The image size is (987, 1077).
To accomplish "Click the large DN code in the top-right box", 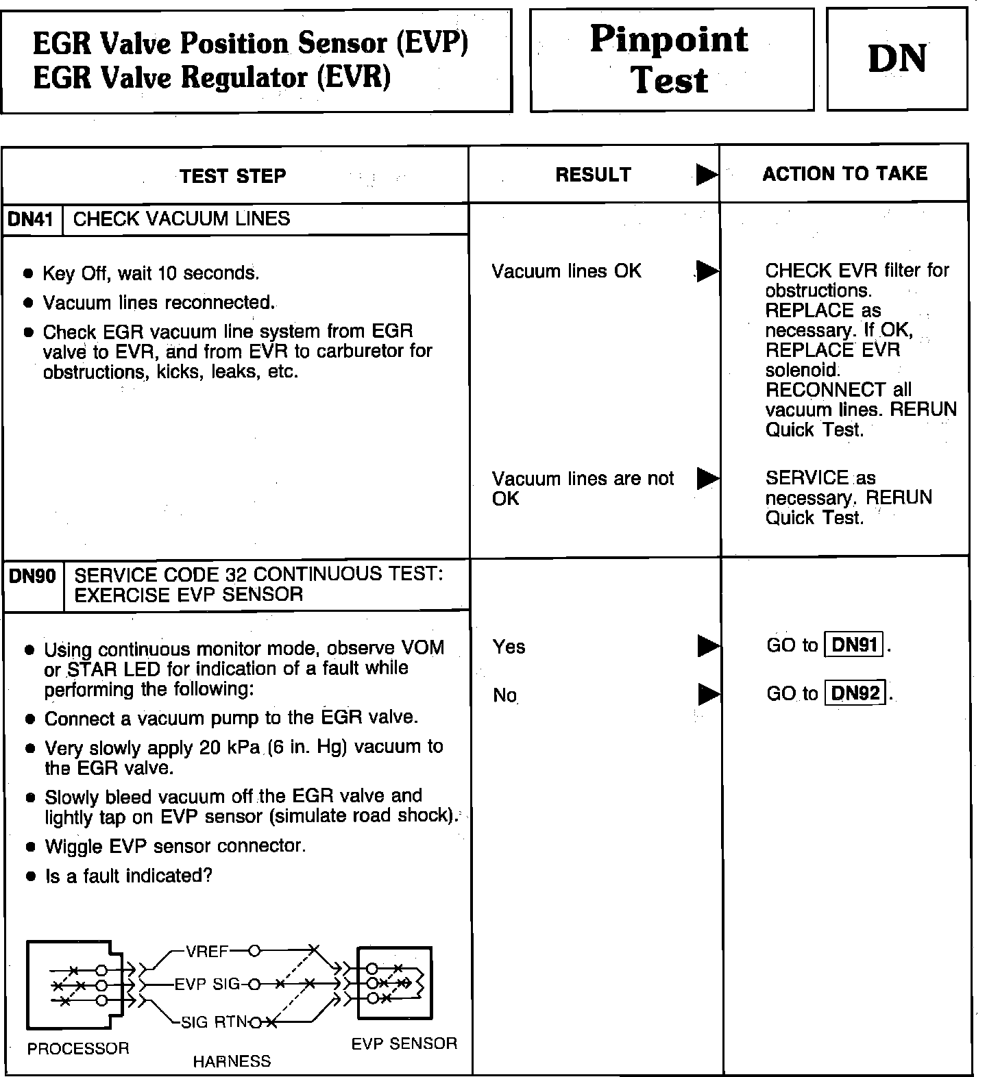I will [897, 59].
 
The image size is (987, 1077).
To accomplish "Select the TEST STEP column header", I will [233, 176].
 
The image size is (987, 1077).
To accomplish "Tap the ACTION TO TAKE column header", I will [844, 173].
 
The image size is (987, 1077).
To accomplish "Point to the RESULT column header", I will [593, 175].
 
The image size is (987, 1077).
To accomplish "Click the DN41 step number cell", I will [31, 219].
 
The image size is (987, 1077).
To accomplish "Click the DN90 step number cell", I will [32, 576].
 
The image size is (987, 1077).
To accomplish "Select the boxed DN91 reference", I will [854, 645].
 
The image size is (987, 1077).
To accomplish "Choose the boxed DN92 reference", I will [855, 693].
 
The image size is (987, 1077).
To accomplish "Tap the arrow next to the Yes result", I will [707, 645].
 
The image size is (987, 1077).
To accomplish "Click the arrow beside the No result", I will [707, 695].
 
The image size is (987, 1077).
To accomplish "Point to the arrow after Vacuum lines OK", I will [707, 271].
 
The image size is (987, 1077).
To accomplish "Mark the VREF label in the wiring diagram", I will [207, 951].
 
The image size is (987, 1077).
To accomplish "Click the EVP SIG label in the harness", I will [207, 985].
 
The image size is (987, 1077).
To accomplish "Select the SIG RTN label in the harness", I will [212, 1022].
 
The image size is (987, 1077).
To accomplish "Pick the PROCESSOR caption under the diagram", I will [78, 1049].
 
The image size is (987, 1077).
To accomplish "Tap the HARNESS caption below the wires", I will [232, 1061].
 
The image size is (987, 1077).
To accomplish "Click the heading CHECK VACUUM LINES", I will [182, 219].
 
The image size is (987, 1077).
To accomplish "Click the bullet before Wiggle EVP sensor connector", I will [29, 847].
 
